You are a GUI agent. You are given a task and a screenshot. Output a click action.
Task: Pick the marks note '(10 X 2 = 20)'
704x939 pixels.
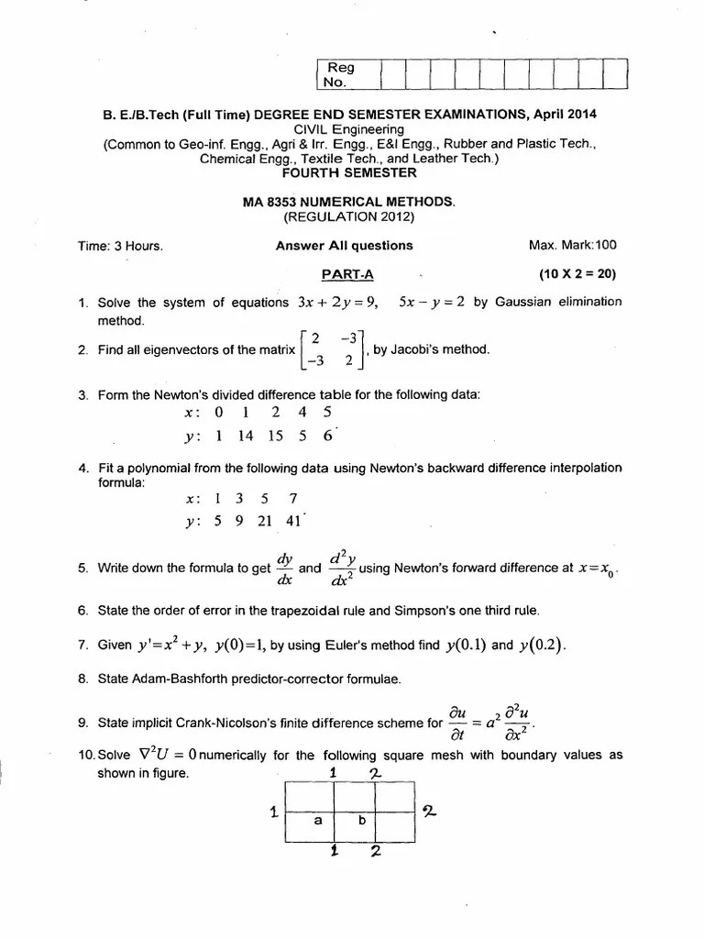[577, 273]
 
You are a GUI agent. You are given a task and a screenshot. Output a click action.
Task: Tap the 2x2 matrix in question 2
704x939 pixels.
[334, 349]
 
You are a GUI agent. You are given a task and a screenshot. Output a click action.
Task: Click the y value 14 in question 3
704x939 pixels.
[245, 437]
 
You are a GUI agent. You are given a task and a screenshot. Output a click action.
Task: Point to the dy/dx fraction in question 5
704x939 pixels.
[285, 568]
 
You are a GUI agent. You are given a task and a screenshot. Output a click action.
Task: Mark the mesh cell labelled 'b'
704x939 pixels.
[361, 821]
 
